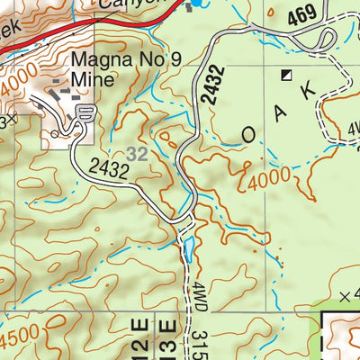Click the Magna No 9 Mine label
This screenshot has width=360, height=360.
coord(93,70)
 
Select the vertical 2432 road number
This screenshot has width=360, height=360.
coord(209,87)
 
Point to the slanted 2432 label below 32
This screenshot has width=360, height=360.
coord(111,168)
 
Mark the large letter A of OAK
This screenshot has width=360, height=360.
coord(281,112)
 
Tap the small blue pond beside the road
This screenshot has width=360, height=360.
coord(187,243)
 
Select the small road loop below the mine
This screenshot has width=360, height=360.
coord(85,112)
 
